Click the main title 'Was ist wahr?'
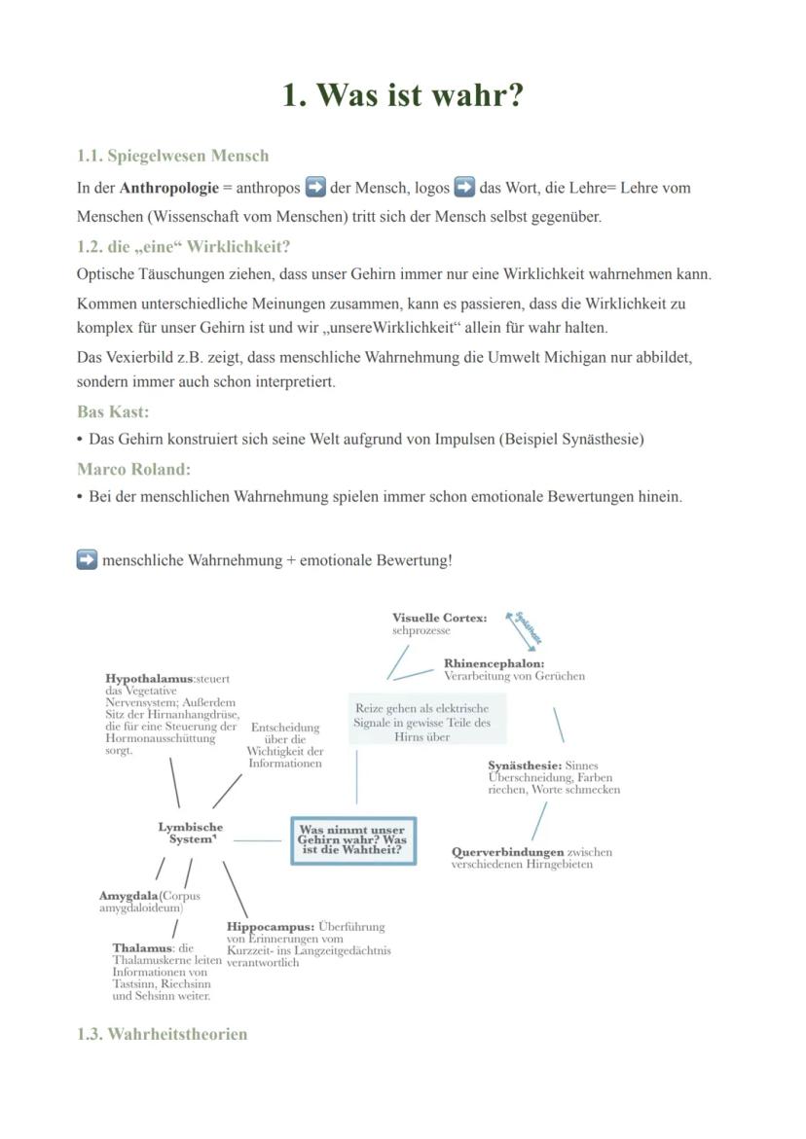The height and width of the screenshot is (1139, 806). pos(403,95)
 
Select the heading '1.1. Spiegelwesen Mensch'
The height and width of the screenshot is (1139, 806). pos(172,156)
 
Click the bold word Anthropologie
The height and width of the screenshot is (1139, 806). pos(168,188)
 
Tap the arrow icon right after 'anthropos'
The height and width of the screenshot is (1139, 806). pos(314,187)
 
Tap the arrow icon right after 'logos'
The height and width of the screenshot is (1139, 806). pos(464,187)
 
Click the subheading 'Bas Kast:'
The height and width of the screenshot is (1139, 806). pos(113,411)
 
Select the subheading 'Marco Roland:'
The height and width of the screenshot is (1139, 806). pos(133,469)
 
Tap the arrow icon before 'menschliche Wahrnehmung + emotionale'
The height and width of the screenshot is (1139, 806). pos(87,560)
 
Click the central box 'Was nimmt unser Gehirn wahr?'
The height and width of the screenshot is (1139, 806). pos(352,839)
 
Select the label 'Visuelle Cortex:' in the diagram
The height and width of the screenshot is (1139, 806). pos(439,618)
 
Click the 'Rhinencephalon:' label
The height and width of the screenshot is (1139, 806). pos(494,663)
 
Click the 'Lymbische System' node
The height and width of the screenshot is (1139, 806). pos(190,833)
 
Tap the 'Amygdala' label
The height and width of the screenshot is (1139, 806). pos(128,895)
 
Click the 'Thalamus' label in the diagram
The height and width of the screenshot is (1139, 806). pos(142,947)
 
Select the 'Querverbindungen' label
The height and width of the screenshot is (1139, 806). pos(507,852)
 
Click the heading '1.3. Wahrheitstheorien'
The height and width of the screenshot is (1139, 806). pos(162,1034)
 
